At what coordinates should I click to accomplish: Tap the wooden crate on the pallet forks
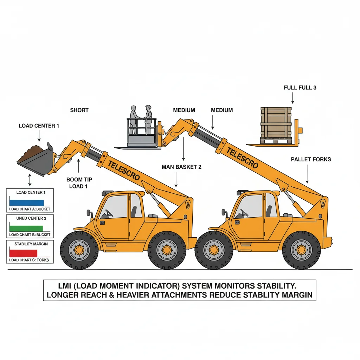click(276, 123)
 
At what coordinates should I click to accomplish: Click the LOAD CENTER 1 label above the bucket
click(39, 126)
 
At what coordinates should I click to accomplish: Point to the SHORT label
click(79, 110)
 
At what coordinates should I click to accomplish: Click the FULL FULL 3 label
click(300, 88)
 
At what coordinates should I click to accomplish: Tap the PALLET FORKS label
click(311, 159)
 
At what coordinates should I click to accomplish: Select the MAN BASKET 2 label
click(181, 167)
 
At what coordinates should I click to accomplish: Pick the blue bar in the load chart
click(27, 203)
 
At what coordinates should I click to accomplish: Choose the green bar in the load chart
click(26, 228)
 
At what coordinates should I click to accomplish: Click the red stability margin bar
click(23, 253)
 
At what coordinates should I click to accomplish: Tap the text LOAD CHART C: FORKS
click(30, 260)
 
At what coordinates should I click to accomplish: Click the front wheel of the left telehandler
click(79, 250)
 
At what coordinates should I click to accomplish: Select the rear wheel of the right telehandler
click(301, 250)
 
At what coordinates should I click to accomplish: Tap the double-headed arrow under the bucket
click(30, 180)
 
